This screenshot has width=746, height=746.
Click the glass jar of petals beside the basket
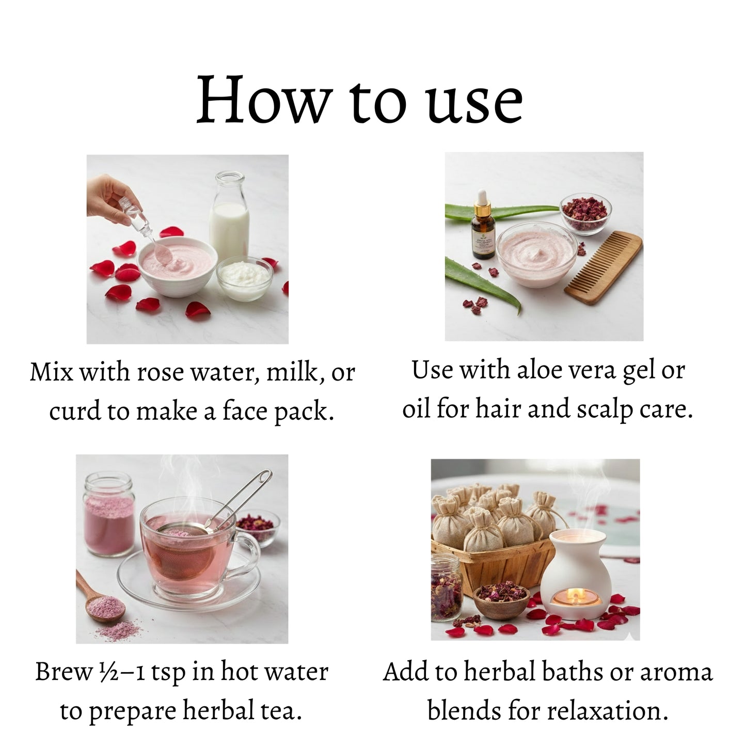tap(446, 588)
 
